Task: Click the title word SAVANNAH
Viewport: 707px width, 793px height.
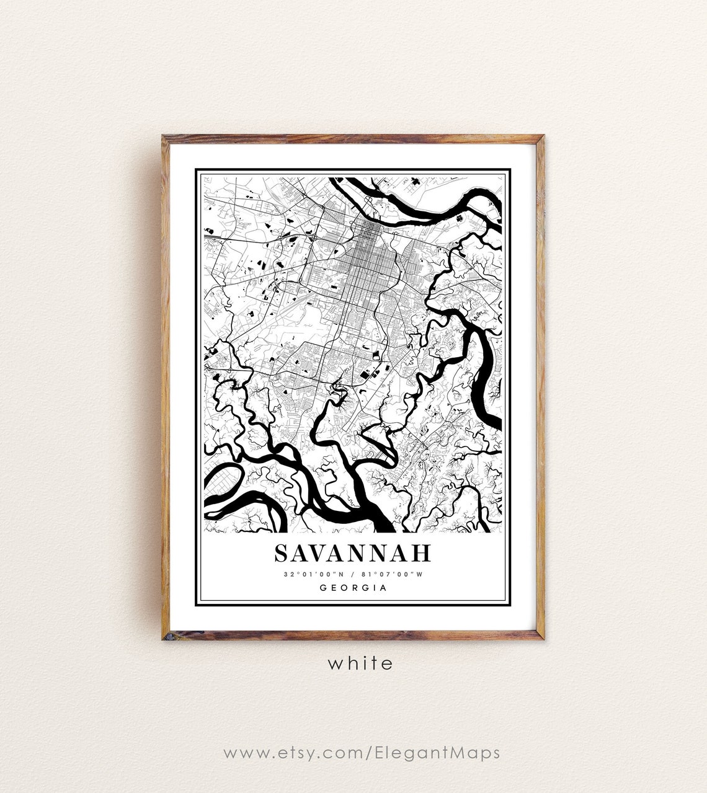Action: pos(353,553)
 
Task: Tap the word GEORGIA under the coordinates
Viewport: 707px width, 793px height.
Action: pos(353,588)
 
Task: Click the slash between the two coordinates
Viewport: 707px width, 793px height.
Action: pos(352,574)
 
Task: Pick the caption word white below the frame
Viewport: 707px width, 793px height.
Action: pos(360,663)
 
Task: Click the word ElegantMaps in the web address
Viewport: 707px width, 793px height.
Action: pos(438,753)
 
